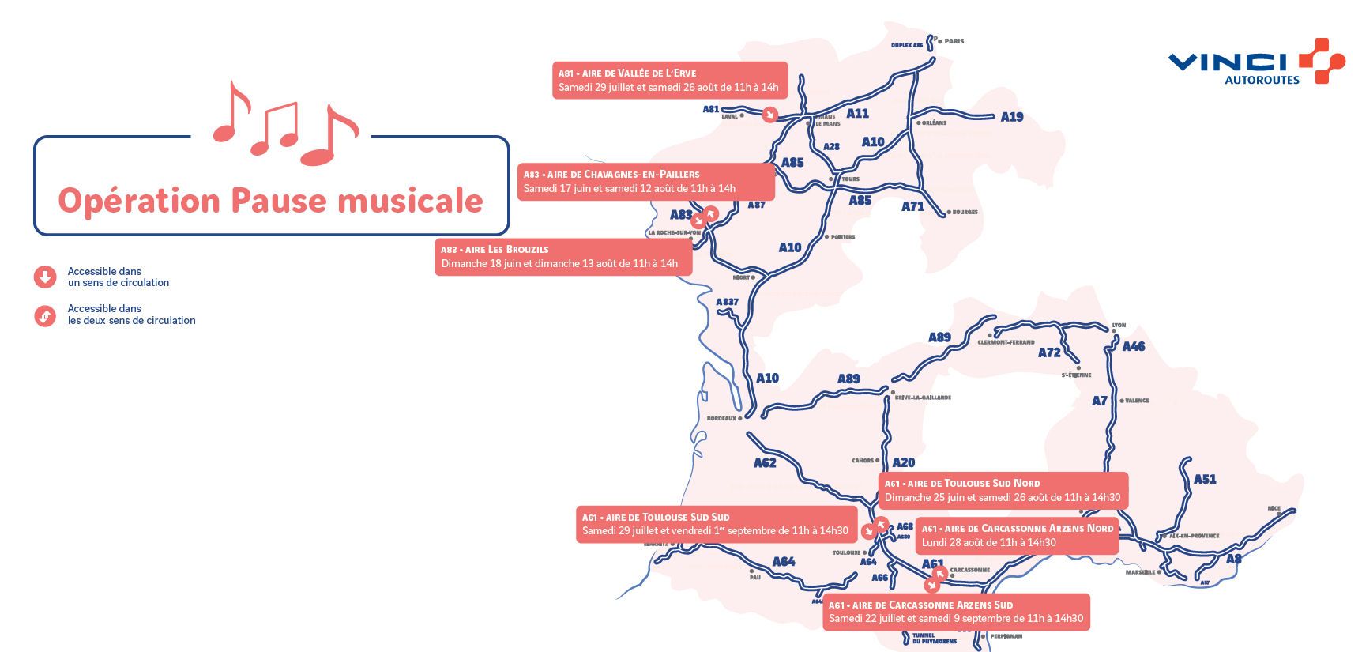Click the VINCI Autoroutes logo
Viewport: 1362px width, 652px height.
[x=1256, y=62]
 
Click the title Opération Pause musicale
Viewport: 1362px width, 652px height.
[x=270, y=201]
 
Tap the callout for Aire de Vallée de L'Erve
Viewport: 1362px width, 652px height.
[x=669, y=80]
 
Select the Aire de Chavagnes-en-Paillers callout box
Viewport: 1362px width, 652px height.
[x=645, y=181]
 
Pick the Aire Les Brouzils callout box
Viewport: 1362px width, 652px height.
[x=562, y=257]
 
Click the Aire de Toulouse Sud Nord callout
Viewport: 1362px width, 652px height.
[x=1003, y=490]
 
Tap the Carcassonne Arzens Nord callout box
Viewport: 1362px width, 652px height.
[x=1017, y=535]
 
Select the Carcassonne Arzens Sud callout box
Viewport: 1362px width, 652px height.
[x=956, y=612]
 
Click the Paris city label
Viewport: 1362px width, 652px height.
[x=954, y=41]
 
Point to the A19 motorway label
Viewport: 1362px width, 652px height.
[x=1011, y=117]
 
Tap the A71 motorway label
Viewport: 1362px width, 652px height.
[x=912, y=206]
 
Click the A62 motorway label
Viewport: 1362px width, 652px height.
[x=765, y=463]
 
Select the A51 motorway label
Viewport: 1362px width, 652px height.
[x=1205, y=479]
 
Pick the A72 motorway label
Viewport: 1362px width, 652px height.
[x=1049, y=352]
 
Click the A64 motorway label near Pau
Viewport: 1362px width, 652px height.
[x=784, y=562]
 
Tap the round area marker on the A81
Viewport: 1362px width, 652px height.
[x=769, y=115]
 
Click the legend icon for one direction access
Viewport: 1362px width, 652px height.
[x=45, y=277]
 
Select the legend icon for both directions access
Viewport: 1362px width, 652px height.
[x=45, y=315]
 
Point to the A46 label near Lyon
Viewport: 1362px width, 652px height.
[x=1133, y=346]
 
